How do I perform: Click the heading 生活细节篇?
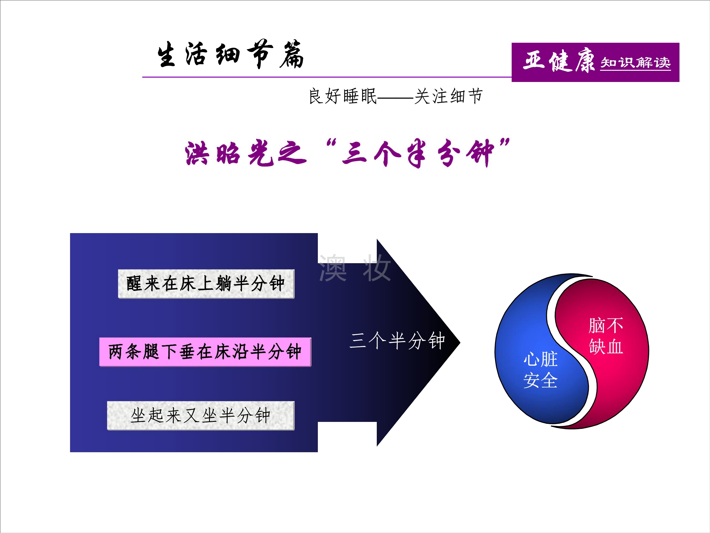[x=230, y=55]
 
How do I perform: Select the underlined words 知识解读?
[x=635, y=62]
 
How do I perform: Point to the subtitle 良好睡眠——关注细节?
[x=395, y=96]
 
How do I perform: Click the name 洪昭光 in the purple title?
[x=229, y=154]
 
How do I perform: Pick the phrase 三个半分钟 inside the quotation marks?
[x=417, y=154]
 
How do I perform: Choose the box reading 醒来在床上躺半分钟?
[x=206, y=284]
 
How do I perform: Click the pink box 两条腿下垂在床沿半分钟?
[x=205, y=352]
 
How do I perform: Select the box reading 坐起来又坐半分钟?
[x=201, y=416]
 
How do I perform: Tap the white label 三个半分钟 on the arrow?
[x=397, y=341]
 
